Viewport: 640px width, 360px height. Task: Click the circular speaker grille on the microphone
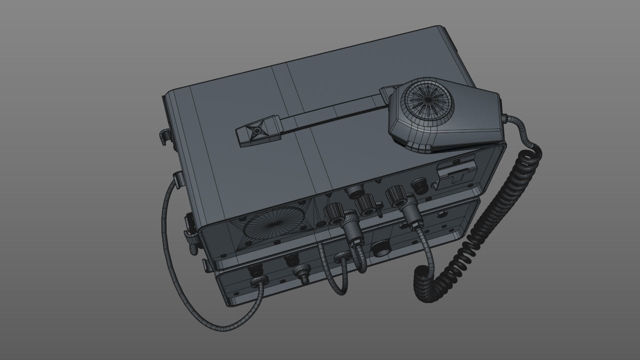tap(428, 100)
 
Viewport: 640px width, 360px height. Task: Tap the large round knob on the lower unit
tap(381, 248)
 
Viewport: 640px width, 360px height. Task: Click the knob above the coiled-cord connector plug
tap(396, 193)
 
